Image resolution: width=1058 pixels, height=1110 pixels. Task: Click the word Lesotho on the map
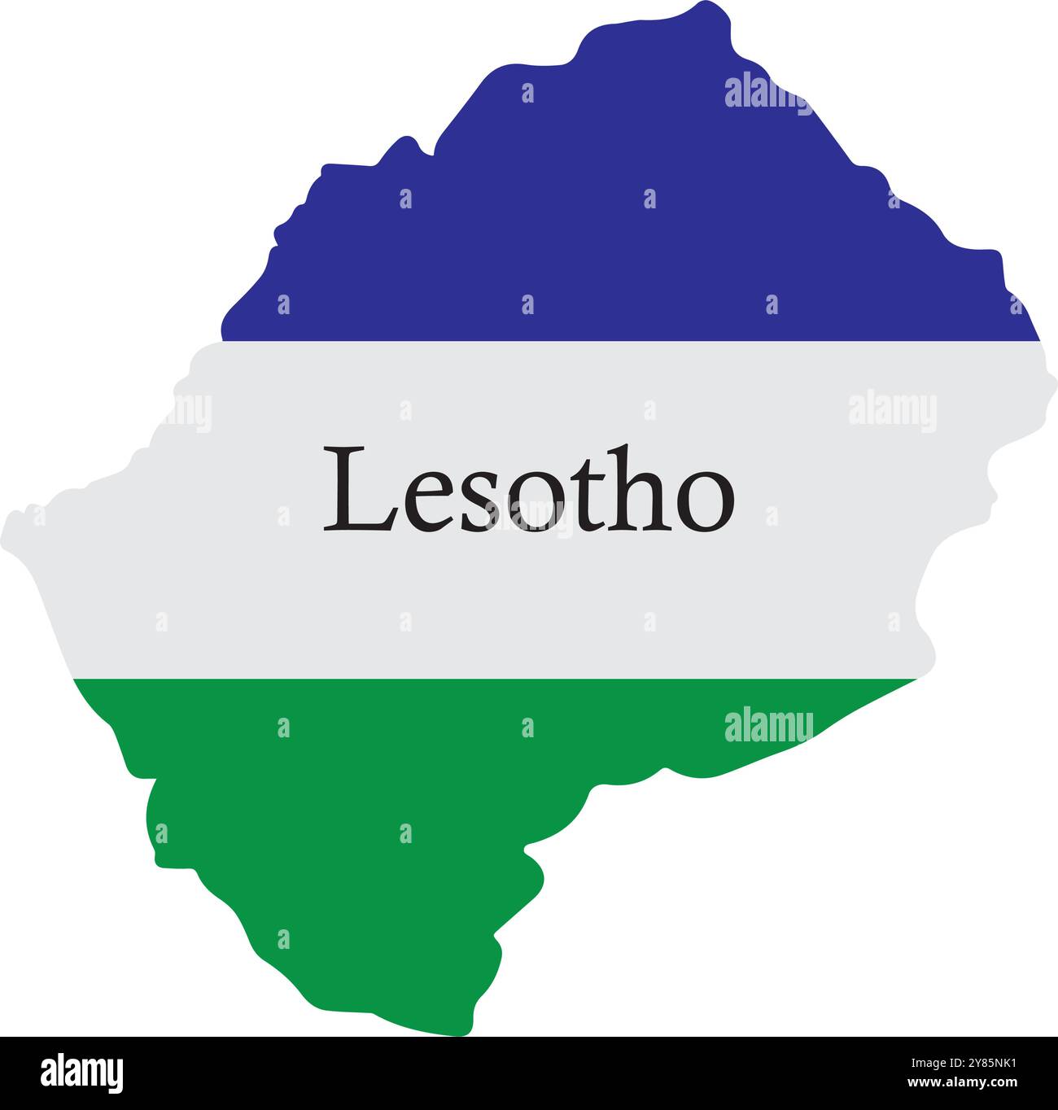click(529, 491)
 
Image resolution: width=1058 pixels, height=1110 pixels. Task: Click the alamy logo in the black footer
click(82, 1073)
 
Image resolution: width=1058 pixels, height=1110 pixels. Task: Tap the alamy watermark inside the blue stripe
click(767, 91)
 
